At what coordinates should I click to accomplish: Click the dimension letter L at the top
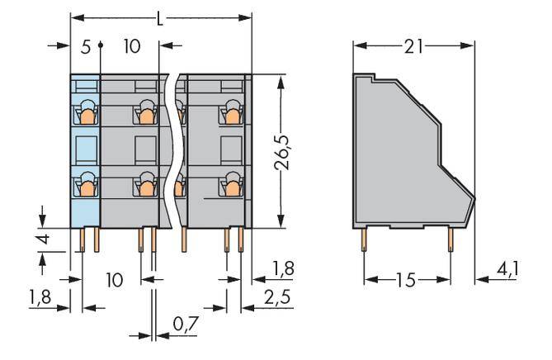[160, 17]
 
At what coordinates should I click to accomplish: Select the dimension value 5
[85, 46]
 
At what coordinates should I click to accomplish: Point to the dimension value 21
[414, 46]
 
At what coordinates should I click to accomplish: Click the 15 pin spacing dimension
[406, 280]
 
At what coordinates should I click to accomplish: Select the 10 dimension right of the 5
[131, 46]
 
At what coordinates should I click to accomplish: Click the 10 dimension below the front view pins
[114, 280]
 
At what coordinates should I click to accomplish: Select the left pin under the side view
[364, 240]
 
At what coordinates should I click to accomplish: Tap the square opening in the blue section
[85, 148]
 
